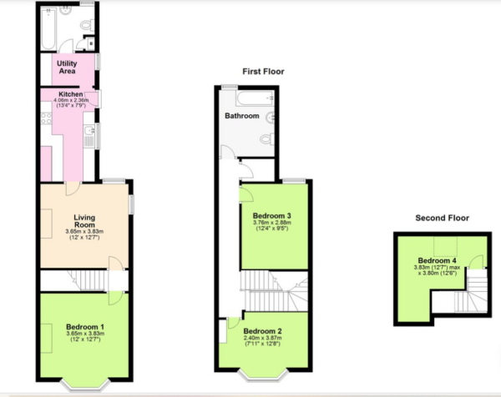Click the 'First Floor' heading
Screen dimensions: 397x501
click(263, 72)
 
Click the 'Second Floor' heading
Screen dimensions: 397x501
click(443, 218)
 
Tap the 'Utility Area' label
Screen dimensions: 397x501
click(68, 68)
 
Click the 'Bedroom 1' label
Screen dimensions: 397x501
click(85, 326)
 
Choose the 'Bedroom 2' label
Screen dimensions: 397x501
click(263, 331)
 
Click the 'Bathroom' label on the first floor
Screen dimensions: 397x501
click(241, 116)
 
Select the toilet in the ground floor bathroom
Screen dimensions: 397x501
click(86, 26)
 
